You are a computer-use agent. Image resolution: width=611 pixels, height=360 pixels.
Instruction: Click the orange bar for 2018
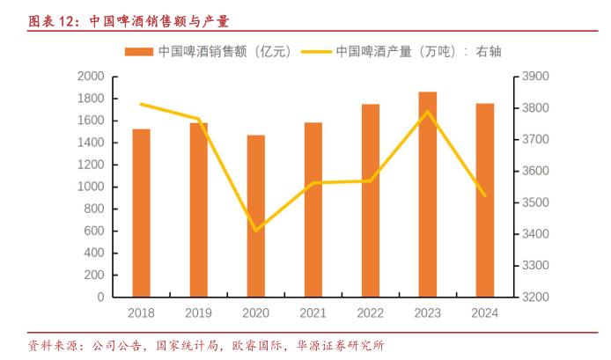(x=141, y=213)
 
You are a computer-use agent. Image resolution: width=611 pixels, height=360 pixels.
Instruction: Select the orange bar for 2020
(x=255, y=216)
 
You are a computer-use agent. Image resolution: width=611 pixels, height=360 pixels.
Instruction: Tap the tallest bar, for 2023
(x=428, y=195)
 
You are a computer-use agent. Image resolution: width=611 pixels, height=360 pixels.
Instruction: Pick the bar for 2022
(x=371, y=201)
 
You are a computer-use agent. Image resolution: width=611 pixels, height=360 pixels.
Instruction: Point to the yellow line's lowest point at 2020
(x=256, y=231)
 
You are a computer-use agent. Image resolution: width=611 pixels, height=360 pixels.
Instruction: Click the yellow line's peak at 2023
(x=428, y=112)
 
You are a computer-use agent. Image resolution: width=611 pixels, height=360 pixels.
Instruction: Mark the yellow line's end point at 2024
(x=485, y=195)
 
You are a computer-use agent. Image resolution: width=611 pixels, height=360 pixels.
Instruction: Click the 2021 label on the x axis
(x=313, y=312)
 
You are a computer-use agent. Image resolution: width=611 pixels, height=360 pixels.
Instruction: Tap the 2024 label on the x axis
(x=485, y=312)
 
